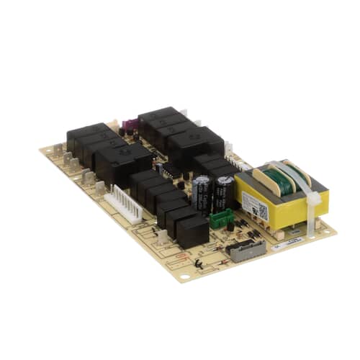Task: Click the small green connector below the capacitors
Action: (x=220, y=217)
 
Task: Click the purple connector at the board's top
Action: (x=130, y=127)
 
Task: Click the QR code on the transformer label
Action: (x=262, y=212)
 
